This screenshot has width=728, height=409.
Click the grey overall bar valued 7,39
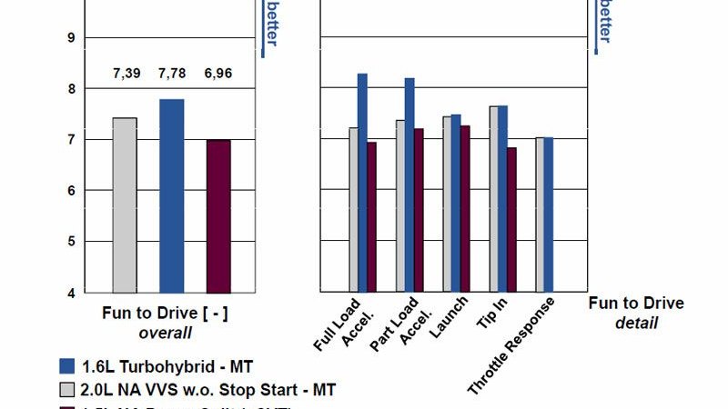(125, 204)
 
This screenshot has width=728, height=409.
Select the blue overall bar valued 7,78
(172, 195)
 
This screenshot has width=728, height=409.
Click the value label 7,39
(125, 73)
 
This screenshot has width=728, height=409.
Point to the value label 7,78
(172, 73)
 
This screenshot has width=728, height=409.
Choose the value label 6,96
(218, 73)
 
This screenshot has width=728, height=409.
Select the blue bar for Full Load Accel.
(362, 182)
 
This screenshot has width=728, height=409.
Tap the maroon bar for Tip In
(511, 219)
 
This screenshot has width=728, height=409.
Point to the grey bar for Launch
(447, 204)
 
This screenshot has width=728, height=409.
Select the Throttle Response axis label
(511, 345)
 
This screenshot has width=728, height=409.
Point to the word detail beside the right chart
(636, 323)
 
